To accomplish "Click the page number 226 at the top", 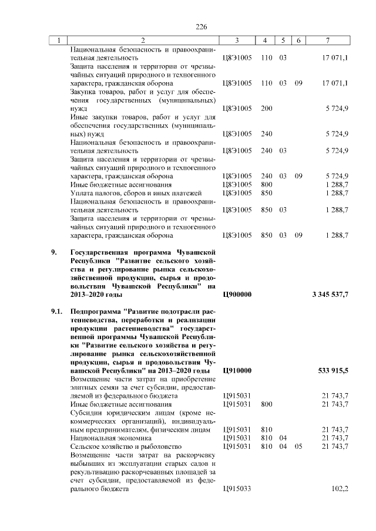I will click(202, 27).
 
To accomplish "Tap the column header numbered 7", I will click(328, 40).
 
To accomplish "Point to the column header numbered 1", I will click(58, 40).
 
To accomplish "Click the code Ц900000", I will click(238, 294).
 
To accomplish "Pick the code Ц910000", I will click(238, 371).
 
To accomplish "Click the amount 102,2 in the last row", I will click(340, 489).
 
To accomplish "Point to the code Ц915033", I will click(238, 489).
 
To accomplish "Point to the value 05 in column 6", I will click(298, 447).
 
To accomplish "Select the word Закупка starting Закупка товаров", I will click(83, 92).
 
